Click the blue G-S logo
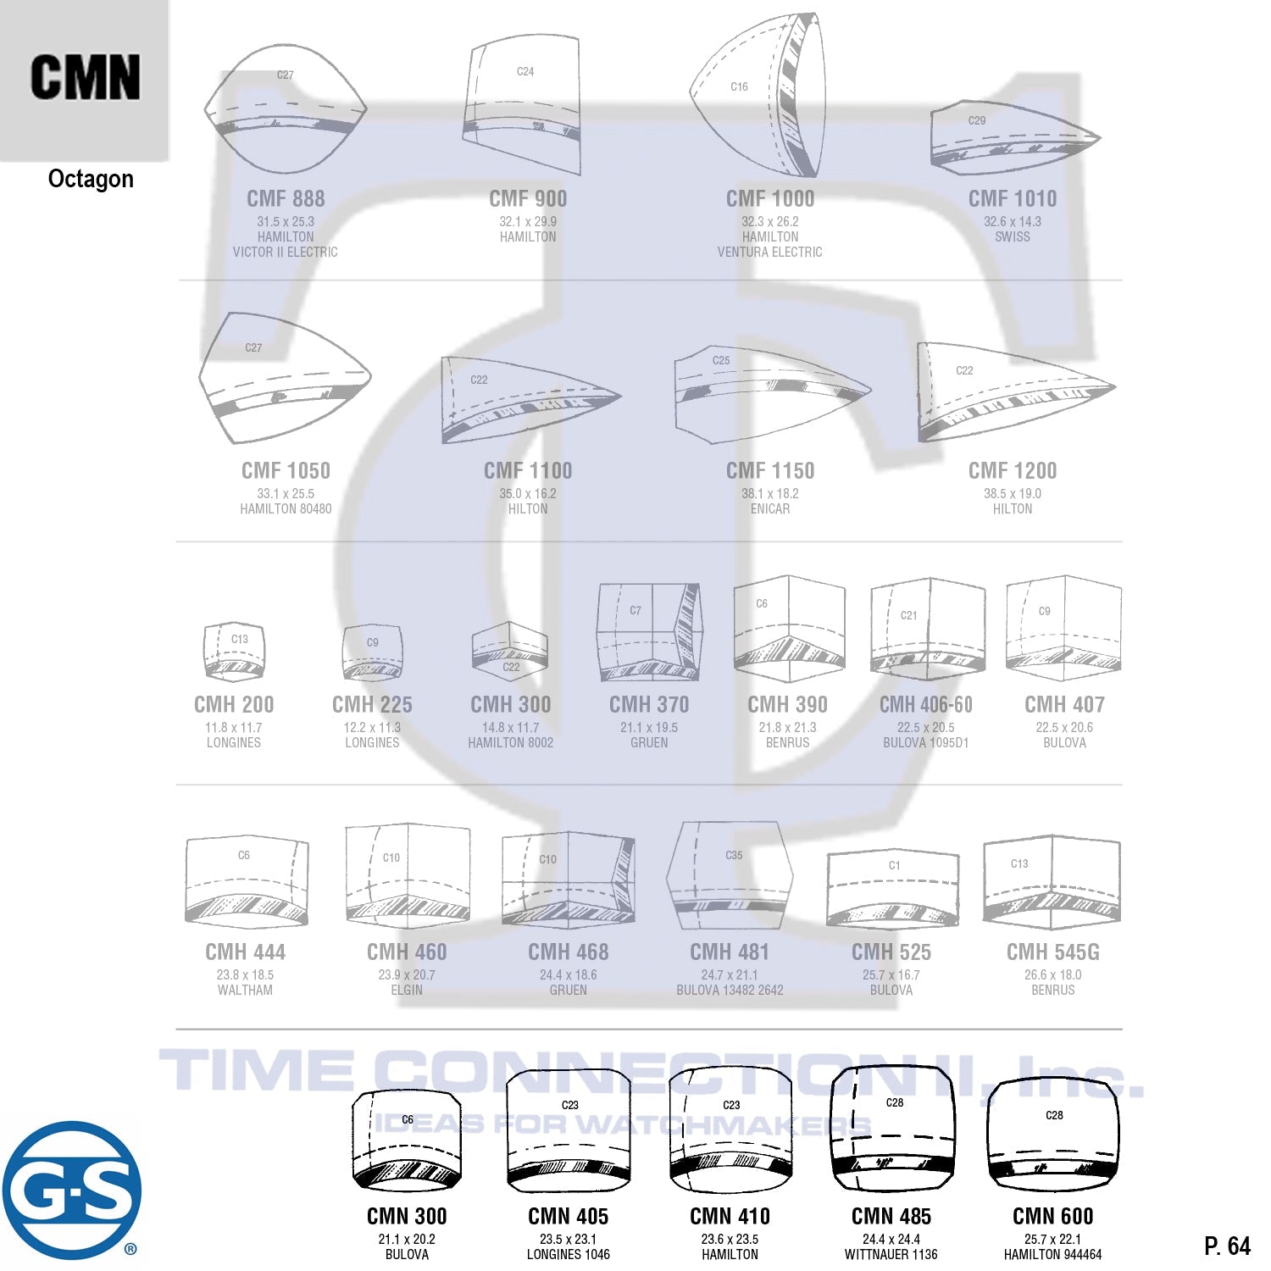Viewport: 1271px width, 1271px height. coord(72,1190)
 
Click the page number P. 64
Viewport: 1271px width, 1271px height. coord(1226,1246)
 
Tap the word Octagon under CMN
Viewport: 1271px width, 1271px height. coord(91,179)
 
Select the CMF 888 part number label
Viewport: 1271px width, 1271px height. coord(286,199)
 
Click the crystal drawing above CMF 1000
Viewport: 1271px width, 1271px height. coord(759,95)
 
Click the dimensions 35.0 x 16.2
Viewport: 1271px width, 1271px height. coord(527,493)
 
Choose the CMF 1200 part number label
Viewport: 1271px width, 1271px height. coord(1013,471)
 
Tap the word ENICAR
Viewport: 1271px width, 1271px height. coord(769,508)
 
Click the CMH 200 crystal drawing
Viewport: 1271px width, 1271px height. coord(235,652)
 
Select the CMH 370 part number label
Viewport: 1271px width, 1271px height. coord(649,705)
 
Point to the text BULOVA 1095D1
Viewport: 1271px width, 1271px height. coord(925,742)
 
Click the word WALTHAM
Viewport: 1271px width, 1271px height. coord(245,990)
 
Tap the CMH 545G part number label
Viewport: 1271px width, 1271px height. coord(1052,952)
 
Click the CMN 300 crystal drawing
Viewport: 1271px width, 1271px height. coord(407,1140)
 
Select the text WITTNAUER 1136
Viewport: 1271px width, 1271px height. coord(891,1254)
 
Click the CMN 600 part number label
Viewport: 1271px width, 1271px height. coord(1052,1217)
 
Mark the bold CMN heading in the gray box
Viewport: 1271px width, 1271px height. coord(85,78)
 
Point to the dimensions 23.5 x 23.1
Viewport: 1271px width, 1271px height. coord(568,1239)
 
